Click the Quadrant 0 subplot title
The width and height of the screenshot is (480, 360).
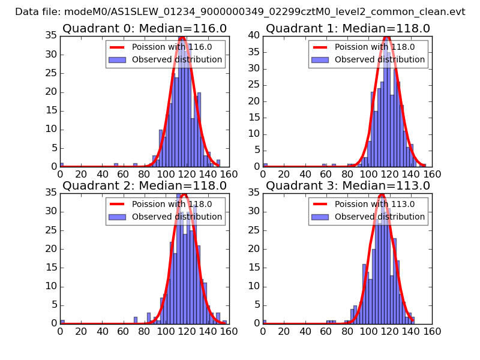[x=144, y=28]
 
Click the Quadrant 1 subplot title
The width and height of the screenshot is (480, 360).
[x=347, y=28]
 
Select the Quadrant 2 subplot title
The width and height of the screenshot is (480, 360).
[x=144, y=185]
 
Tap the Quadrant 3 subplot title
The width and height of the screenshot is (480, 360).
[x=347, y=185]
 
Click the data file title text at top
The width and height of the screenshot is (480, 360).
[x=240, y=11]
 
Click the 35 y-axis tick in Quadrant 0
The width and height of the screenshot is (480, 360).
[x=52, y=36]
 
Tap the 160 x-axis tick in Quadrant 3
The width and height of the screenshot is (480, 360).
[x=432, y=331]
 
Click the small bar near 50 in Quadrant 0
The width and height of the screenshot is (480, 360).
[x=116, y=165]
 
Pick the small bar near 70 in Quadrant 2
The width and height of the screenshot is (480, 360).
[x=136, y=320]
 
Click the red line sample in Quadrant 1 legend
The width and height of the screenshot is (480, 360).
[x=320, y=47]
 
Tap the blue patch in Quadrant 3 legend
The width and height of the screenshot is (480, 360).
[x=320, y=217]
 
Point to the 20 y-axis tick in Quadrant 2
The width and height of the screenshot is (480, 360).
[x=52, y=249]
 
